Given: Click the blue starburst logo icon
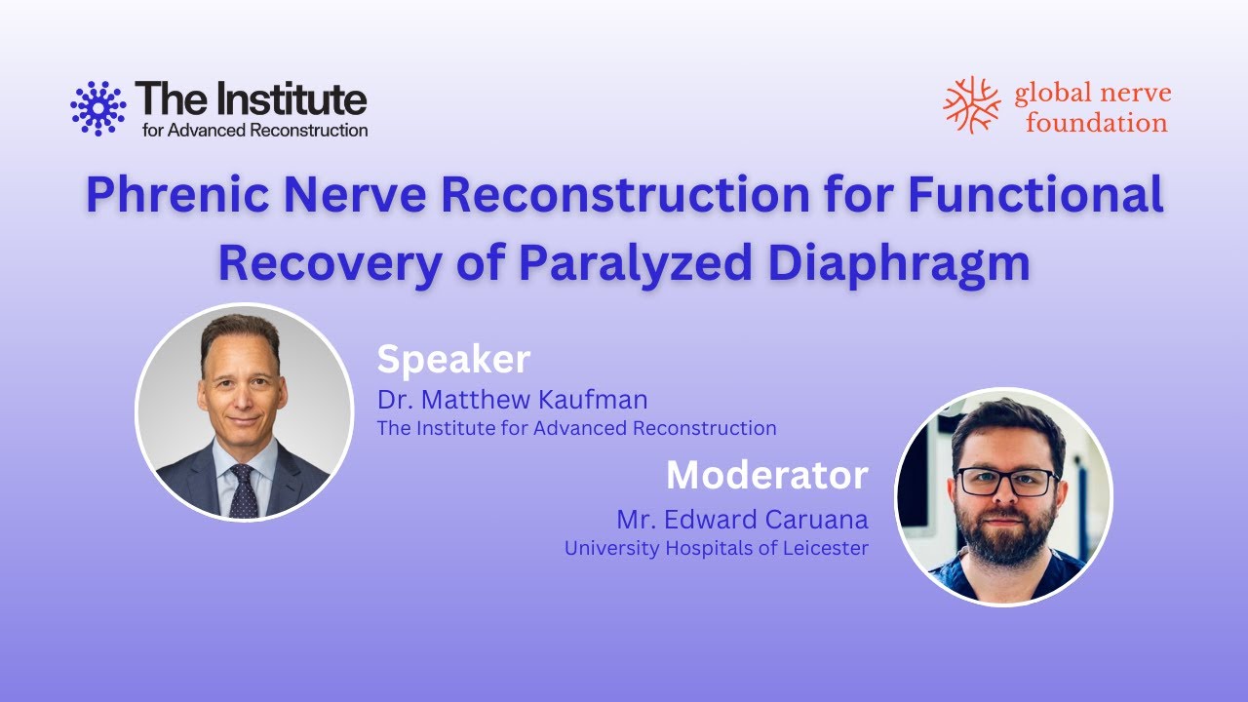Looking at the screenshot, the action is pos(98,108).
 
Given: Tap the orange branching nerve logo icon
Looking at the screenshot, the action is pos(972,104).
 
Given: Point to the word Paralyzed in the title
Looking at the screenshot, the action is pos(636,263).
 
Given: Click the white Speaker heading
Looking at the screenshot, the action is pos(453,361).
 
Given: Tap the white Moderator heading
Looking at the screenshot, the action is pos(767,475).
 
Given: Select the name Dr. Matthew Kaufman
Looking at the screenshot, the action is pos(513,400).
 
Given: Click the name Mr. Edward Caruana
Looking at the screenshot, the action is pos(742,520).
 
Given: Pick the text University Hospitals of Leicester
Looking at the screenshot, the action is pos(717,548).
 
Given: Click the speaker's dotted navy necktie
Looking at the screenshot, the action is pos(244,490).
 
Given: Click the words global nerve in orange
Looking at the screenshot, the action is pos(1093,94).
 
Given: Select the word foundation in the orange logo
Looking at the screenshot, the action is pos(1097,123).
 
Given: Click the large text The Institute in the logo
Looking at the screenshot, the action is pos(251,98).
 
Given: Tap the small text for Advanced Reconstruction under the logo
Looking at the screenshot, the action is pos(254,131).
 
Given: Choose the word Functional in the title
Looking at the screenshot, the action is pos(1035,195).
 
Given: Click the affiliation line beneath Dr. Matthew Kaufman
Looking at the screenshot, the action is pos(576,428).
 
